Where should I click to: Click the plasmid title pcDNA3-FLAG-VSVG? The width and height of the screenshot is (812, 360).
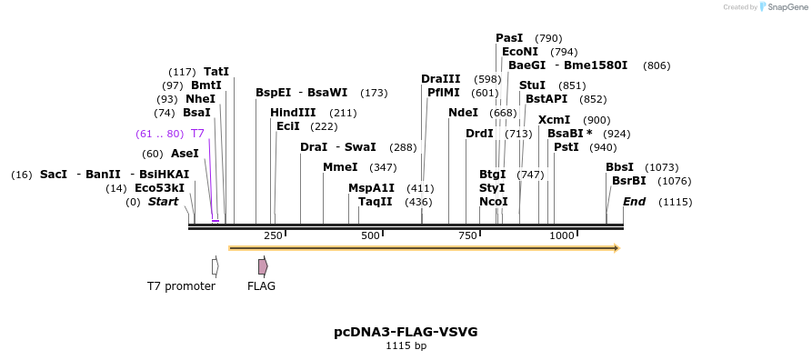click(x=406, y=332)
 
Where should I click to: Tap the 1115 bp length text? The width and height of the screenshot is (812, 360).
click(x=406, y=346)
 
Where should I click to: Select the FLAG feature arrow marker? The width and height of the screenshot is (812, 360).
click(x=263, y=266)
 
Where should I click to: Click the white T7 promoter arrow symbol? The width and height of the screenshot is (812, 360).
click(x=215, y=266)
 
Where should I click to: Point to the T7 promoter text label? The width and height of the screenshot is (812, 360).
click(x=181, y=286)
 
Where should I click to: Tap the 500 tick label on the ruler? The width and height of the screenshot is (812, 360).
click(x=370, y=235)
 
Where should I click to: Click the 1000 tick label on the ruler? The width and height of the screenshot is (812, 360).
click(x=562, y=235)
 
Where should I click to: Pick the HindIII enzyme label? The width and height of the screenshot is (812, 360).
click(x=293, y=113)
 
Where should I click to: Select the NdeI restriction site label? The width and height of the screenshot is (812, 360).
click(x=463, y=113)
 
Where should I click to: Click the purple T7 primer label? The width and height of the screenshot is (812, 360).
click(x=197, y=134)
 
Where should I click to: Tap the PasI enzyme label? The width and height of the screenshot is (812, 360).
click(x=509, y=38)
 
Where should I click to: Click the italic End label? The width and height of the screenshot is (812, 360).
click(x=634, y=201)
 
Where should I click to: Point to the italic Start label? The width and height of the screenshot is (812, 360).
click(x=163, y=201)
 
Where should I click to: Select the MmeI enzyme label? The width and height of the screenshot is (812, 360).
click(x=340, y=167)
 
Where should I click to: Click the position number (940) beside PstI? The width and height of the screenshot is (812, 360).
click(x=603, y=147)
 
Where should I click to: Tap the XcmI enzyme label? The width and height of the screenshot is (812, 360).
click(x=554, y=120)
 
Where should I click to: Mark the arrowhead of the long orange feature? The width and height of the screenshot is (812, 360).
click(x=617, y=248)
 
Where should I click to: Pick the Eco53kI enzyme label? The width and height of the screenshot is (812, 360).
click(x=159, y=188)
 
